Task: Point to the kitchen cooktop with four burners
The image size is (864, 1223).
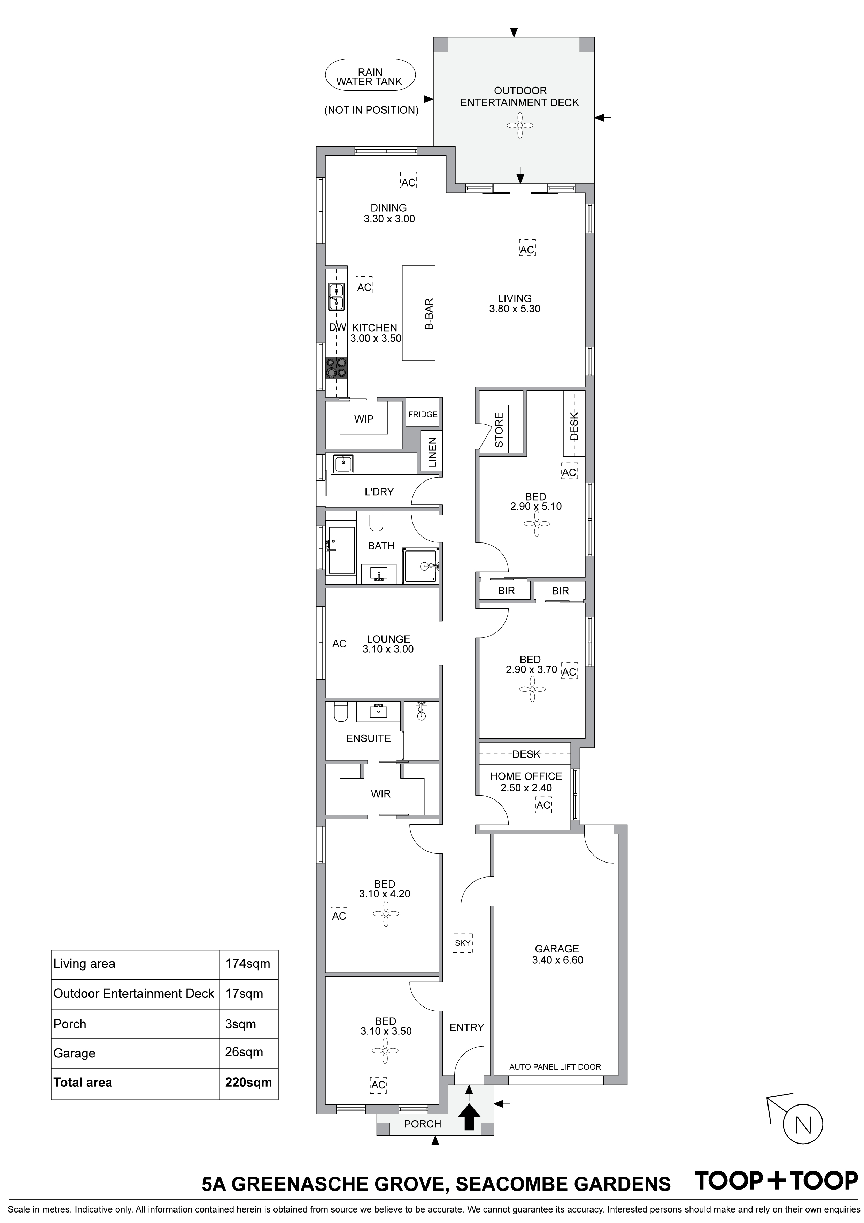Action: [x=337, y=367]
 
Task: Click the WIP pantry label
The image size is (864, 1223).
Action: [x=364, y=419]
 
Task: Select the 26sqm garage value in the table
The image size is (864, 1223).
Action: [x=244, y=1052]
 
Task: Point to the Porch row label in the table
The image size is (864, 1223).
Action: [x=70, y=1024]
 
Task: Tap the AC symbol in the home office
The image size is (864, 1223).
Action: [x=543, y=805]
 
